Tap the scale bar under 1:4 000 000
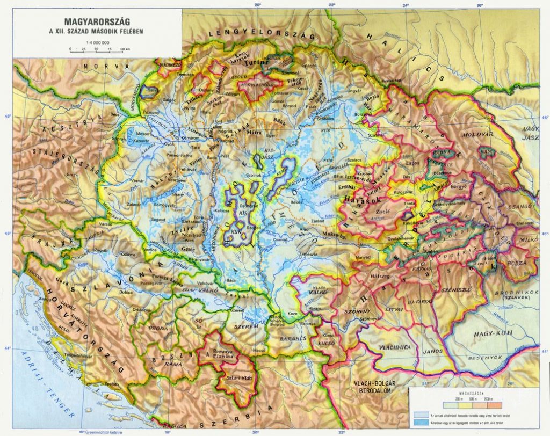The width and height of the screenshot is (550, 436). (x=97, y=49)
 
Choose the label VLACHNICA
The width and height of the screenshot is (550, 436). (x=395, y=347)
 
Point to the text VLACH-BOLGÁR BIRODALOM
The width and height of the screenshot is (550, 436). (x=374, y=387)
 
